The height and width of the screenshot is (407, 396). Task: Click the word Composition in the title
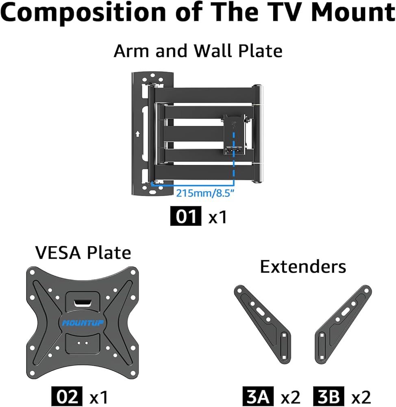(83, 13)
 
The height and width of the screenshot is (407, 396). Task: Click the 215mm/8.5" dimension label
(205, 193)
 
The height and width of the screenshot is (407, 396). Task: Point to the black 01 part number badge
(186, 216)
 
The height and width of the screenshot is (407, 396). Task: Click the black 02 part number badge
(67, 396)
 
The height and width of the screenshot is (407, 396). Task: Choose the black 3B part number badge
(329, 396)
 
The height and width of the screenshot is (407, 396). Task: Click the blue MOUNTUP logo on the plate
(83, 323)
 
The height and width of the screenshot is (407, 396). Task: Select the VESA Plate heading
(83, 253)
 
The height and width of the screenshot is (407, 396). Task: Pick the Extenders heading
(303, 267)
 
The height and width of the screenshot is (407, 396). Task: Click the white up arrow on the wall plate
(138, 133)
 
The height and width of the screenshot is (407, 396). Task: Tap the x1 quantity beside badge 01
(218, 217)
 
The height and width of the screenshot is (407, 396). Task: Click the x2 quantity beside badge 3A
(291, 397)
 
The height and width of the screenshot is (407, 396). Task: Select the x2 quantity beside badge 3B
(361, 397)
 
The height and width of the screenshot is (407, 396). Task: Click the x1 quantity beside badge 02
(98, 397)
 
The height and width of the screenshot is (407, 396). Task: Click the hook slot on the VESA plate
(83, 303)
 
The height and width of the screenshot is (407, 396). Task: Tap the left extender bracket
(263, 324)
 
